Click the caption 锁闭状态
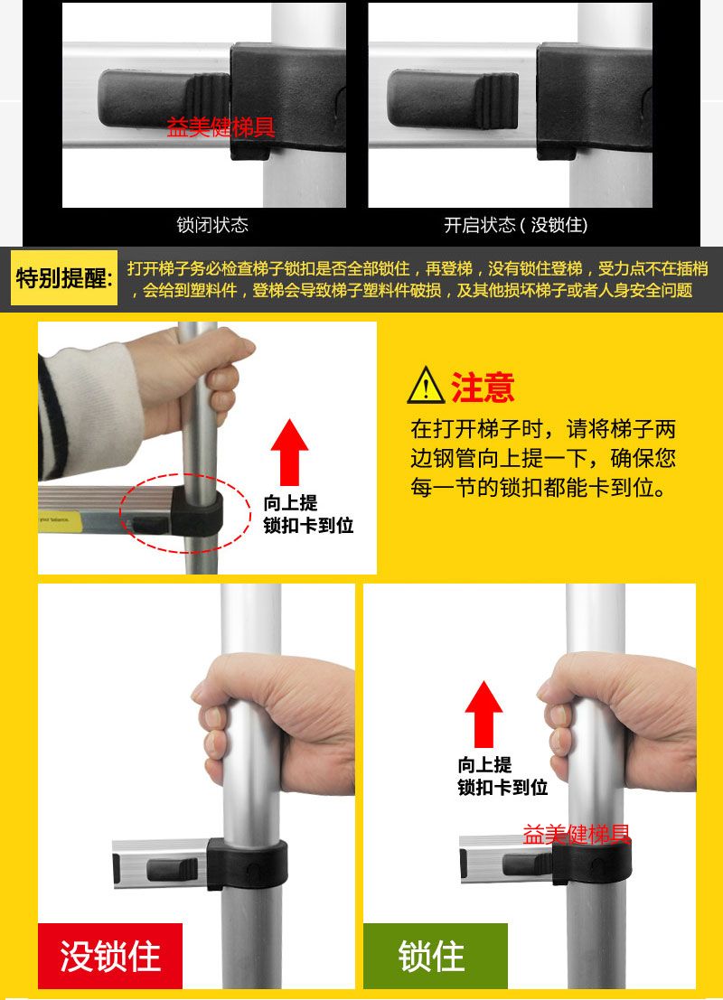[x=212, y=225]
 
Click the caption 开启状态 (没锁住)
[x=516, y=225]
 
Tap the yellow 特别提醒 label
[x=64, y=278]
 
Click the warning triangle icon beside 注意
[x=426, y=386]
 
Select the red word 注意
[x=483, y=387]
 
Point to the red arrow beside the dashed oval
[x=290, y=452]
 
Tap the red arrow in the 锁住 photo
[x=484, y=714]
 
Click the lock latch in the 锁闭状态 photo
[x=164, y=99]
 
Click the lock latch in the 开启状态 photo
[x=453, y=99]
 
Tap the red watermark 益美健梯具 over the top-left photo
[x=221, y=126]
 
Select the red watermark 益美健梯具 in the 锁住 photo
[x=577, y=834]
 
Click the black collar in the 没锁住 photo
[x=247, y=864]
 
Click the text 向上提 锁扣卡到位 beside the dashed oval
[x=308, y=514]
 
